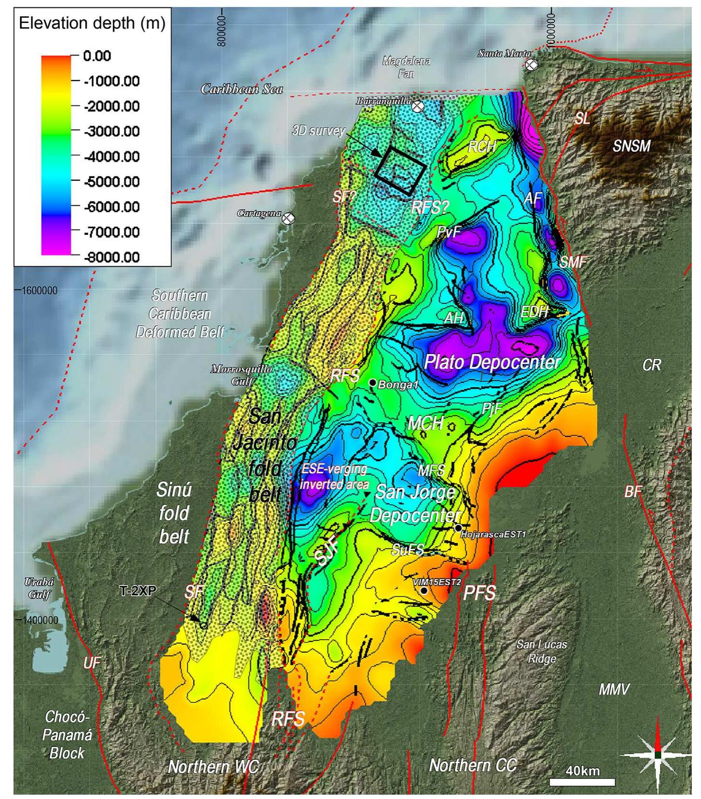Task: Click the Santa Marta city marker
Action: tap(531, 65)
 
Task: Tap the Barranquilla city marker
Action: tap(418, 106)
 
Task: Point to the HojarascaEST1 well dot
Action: tap(458, 528)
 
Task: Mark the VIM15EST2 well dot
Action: tap(424, 591)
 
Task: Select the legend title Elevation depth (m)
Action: tap(92, 23)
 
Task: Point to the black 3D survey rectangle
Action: tap(400, 170)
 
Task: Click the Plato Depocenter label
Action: tap(492, 362)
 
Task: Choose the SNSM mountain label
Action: tap(631, 146)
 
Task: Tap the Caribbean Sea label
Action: tap(242, 89)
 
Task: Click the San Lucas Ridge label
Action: tap(541, 651)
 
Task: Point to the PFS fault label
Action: tap(479, 593)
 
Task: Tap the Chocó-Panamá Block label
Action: tap(67, 734)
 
